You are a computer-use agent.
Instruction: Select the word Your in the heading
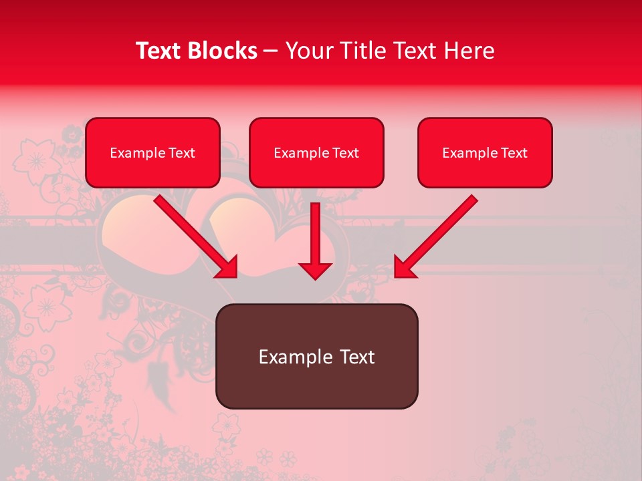(308, 51)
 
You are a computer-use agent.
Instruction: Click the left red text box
(152, 152)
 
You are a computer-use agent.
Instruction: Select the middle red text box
(316, 152)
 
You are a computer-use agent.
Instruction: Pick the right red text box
(485, 152)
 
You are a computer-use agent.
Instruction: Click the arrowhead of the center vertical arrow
(315, 270)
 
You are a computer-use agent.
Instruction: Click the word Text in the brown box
(357, 357)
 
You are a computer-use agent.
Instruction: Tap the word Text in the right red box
(514, 153)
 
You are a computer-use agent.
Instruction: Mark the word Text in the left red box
(182, 153)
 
